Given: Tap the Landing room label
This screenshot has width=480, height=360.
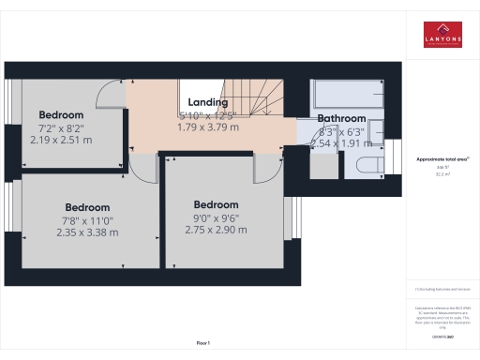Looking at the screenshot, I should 208,101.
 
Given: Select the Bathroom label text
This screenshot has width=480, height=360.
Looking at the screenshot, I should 340,119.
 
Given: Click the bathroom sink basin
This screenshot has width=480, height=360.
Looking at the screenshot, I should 377,131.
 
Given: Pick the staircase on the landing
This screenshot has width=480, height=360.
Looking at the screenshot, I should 256,97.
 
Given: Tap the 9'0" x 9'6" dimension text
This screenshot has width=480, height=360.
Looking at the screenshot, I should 217,217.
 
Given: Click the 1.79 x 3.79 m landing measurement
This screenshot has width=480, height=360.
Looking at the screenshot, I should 208,127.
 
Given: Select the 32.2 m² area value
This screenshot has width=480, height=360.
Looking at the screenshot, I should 441,174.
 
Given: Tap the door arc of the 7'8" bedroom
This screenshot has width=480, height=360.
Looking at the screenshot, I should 143,167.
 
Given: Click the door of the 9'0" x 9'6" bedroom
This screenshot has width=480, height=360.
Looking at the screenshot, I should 267,167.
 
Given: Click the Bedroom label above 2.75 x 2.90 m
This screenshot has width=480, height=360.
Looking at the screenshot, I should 217,204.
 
